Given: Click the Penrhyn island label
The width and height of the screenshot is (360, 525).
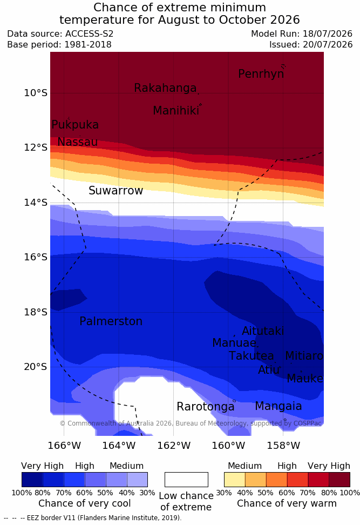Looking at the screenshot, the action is click(261, 74).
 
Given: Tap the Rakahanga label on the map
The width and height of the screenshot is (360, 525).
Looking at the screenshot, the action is click(165, 88).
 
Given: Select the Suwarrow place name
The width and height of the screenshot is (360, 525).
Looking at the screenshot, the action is click(116, 191).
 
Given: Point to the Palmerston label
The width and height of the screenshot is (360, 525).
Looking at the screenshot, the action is click(111, 321).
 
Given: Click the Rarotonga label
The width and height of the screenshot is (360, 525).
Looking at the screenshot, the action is click(206, 407).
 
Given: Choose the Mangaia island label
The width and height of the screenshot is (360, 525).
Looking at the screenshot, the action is click(279, 407).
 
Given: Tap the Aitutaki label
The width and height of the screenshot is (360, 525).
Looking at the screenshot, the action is click(263, 331).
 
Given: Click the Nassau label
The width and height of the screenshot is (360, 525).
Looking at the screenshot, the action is click(78, 142).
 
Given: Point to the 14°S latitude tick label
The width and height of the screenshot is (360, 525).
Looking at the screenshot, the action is click(36, 202).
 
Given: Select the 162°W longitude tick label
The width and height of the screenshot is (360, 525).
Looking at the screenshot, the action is click(174, 446).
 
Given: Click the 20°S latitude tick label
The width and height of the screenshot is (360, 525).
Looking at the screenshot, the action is click(36, 367).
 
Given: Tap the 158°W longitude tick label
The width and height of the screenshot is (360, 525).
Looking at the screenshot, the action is click(283, 446).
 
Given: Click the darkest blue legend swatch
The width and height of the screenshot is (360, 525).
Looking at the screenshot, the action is click(32, 480).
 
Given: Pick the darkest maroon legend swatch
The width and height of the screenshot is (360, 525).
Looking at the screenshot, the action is click(339, 480).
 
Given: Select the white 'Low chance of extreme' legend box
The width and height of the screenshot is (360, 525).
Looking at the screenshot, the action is click(186, 480).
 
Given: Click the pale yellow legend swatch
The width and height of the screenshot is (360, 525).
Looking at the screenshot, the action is click(235, 480).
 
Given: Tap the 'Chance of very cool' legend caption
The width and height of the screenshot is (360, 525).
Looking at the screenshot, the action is click(84, 503).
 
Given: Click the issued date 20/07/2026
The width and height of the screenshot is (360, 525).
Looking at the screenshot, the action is click(328, 44).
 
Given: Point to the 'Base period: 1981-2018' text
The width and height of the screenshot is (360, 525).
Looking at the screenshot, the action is click(59, 44).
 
